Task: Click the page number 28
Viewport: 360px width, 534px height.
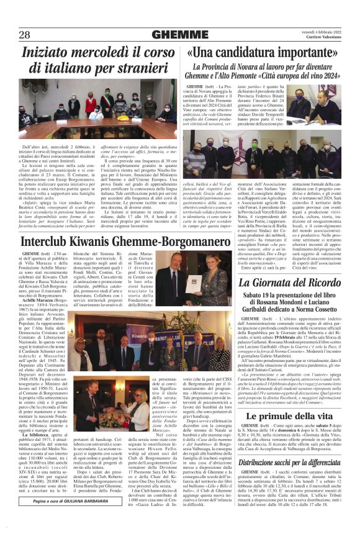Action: coord(27,34)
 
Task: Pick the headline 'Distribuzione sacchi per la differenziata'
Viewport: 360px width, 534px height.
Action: coord(288,462)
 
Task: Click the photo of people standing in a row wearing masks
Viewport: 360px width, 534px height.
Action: coord(260,152)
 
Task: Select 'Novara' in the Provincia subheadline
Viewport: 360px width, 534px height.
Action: coord(263,66)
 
